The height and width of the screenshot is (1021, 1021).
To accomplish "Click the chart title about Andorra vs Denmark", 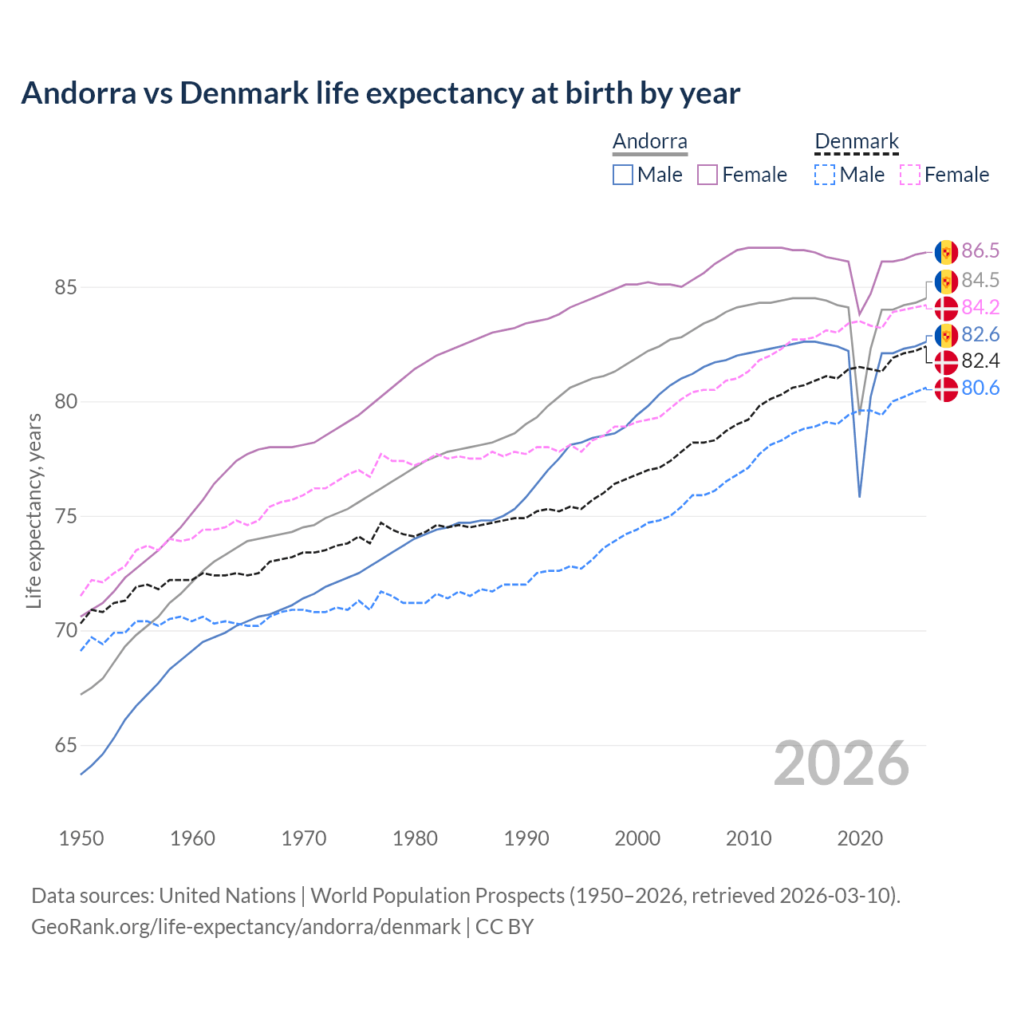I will (380, 93).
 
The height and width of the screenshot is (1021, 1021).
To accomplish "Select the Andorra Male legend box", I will (623, 175).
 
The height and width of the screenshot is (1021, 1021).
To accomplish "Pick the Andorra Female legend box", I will (708, 175).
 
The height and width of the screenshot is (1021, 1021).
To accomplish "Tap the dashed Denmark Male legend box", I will (825, 175).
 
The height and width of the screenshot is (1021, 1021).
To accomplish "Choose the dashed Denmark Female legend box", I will (909, 175).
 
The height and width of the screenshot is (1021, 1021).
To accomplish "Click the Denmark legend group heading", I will (857, 142).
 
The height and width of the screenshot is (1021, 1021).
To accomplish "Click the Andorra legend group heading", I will (649, 142).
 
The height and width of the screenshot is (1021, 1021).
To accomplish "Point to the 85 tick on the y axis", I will (65, 287).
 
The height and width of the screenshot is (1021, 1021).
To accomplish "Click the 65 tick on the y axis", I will (65, 746).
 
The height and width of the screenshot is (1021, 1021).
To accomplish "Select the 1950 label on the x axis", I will (81, 838).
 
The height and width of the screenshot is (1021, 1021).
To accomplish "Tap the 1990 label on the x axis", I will (526, 838).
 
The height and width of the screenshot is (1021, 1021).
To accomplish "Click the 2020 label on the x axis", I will (860, 838).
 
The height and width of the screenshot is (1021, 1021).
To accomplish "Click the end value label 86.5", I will (980, 251).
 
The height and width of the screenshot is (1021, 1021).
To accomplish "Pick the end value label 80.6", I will (980, 388).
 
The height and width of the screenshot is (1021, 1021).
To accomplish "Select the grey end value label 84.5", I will (980, 280).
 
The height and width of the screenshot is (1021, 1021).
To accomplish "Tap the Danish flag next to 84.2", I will (946, 308).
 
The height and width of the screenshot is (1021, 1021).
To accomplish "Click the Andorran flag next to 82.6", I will (946, 335).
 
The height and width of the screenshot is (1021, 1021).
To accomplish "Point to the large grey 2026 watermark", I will (842, 763).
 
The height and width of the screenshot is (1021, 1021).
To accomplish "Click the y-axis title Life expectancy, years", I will (34, 510).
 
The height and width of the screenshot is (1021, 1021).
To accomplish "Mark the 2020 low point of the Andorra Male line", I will (859, 496).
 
